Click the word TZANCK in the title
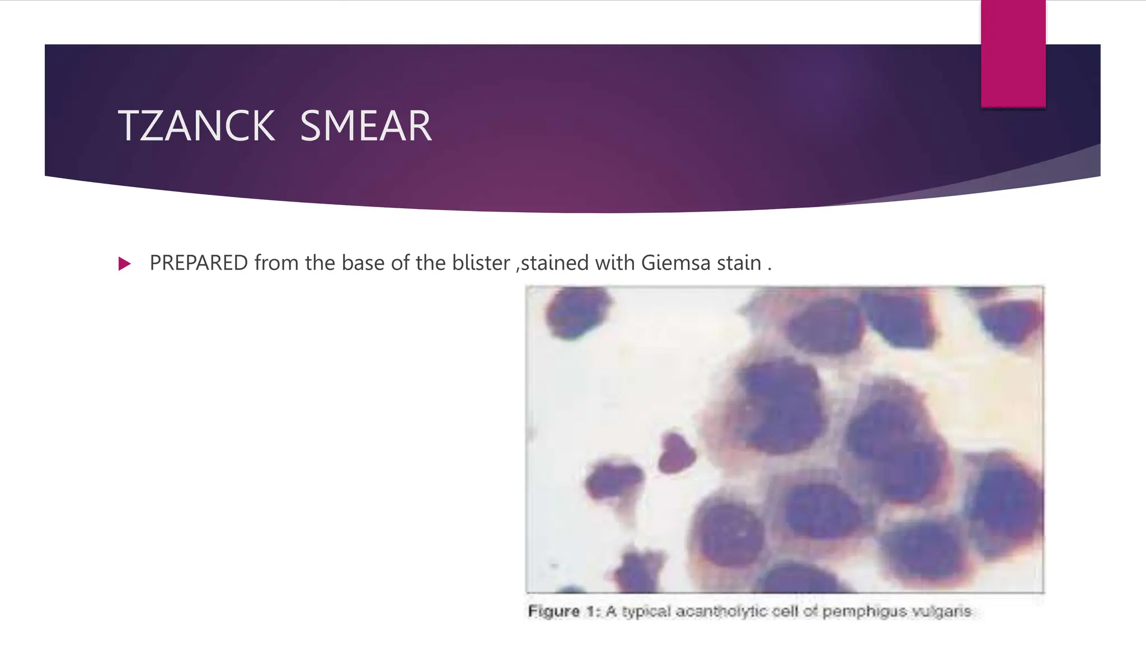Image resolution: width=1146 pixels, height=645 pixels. point(196,127)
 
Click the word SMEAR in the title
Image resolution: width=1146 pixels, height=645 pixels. point(366,127)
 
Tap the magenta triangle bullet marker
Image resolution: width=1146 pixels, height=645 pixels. point(124,264)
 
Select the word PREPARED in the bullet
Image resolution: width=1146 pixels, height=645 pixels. point(199,263)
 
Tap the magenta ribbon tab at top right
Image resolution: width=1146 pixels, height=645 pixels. point(1013,54)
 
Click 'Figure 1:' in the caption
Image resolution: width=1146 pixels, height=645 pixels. point(563,611)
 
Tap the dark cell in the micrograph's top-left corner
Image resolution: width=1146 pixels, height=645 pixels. point(576,312)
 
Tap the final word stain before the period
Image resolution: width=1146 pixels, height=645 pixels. point(739,263)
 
